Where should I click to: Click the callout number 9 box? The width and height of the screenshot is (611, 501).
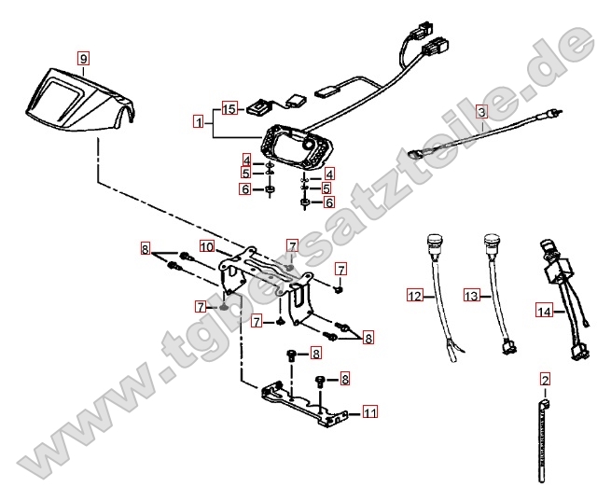(83, 58)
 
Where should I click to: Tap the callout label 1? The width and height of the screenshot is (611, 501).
(198, 121)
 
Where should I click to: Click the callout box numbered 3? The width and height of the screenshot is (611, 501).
(480, 111)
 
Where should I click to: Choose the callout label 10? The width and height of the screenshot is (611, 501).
(206, 246)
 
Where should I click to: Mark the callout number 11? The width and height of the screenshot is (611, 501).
(370, 411)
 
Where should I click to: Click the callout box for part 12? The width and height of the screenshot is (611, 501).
(414, 296)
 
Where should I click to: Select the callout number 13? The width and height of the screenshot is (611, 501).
(471, 296)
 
